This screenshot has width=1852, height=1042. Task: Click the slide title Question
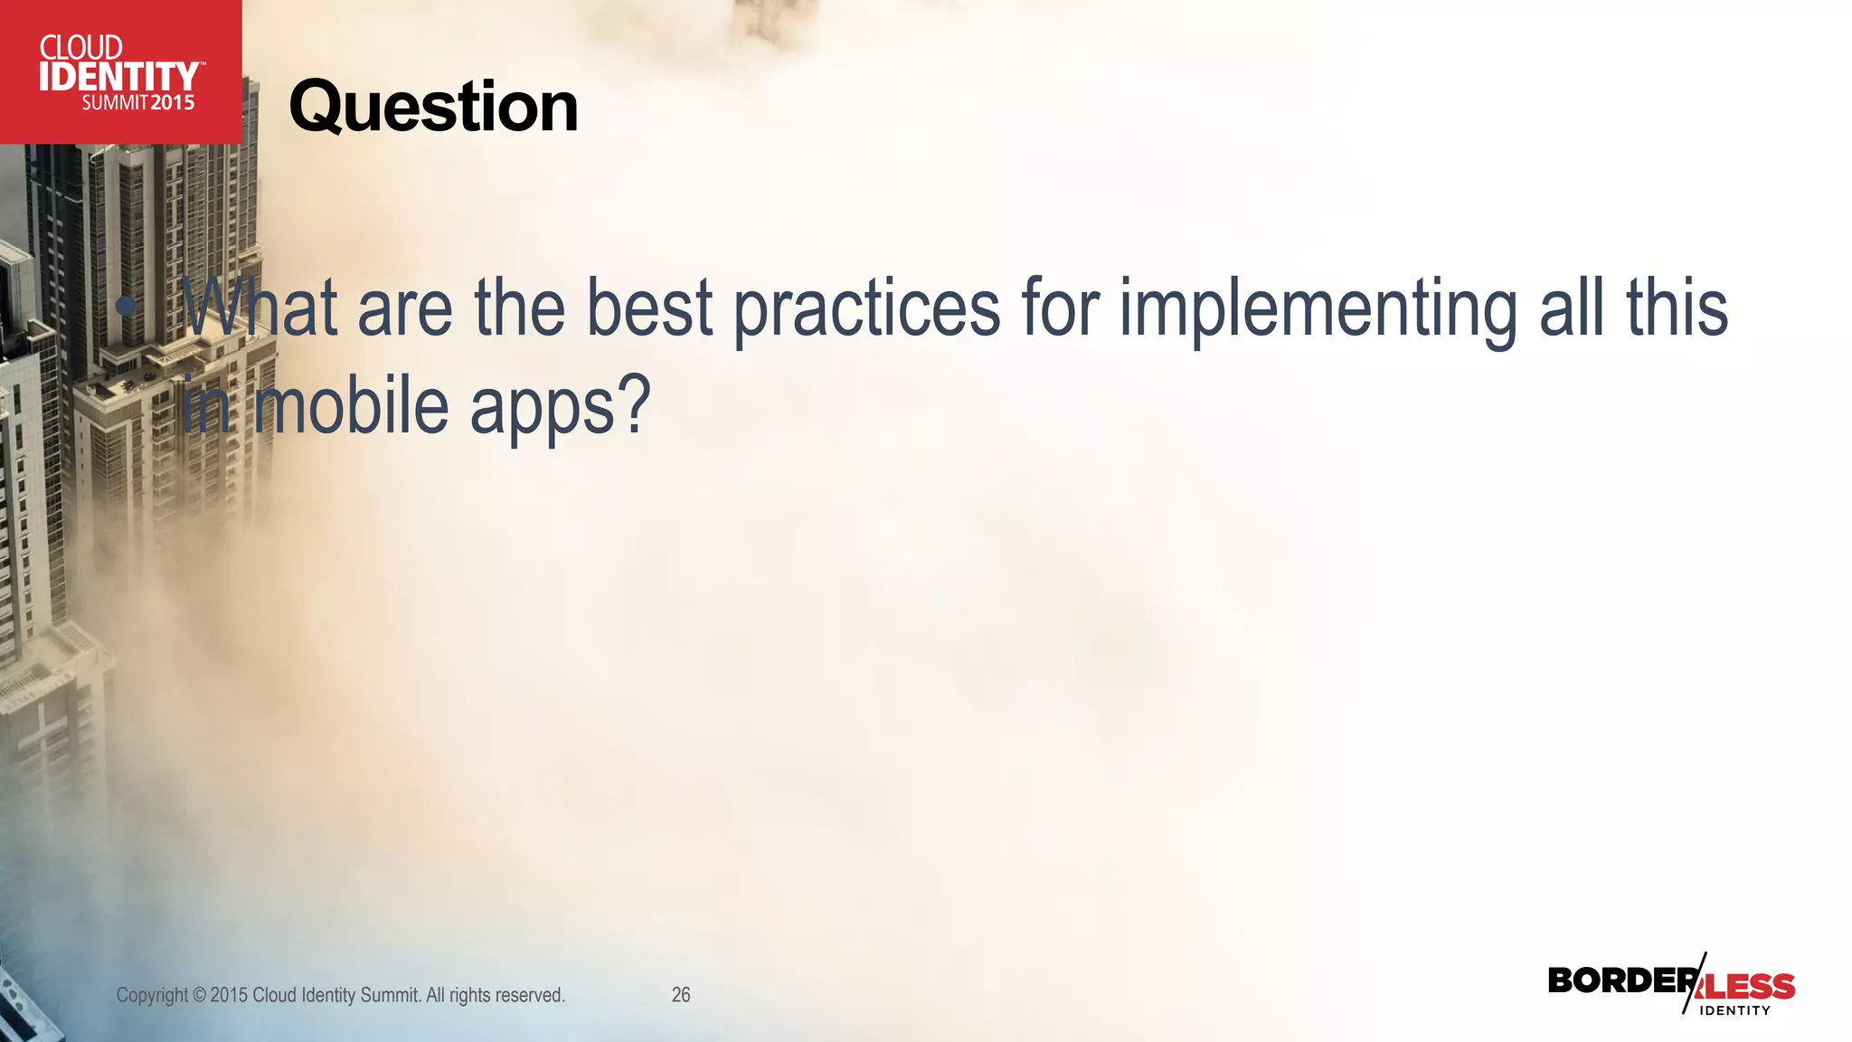coord(433,107)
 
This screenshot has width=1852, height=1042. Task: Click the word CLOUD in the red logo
coord(80,47)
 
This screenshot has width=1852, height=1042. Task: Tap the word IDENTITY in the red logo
coord(118,77)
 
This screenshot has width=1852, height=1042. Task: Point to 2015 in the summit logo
coord(173,103)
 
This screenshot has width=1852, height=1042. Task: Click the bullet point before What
coord(128,307)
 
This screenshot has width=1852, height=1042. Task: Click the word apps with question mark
coord(560,407)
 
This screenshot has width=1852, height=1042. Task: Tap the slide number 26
coord(681,995)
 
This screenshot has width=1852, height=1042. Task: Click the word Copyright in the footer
coord(152,995)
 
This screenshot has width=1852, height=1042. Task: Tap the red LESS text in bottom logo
coord(1750,986)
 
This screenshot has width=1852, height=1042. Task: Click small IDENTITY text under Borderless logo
coord(1734,1010)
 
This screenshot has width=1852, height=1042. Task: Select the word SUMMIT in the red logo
coord(115,103)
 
